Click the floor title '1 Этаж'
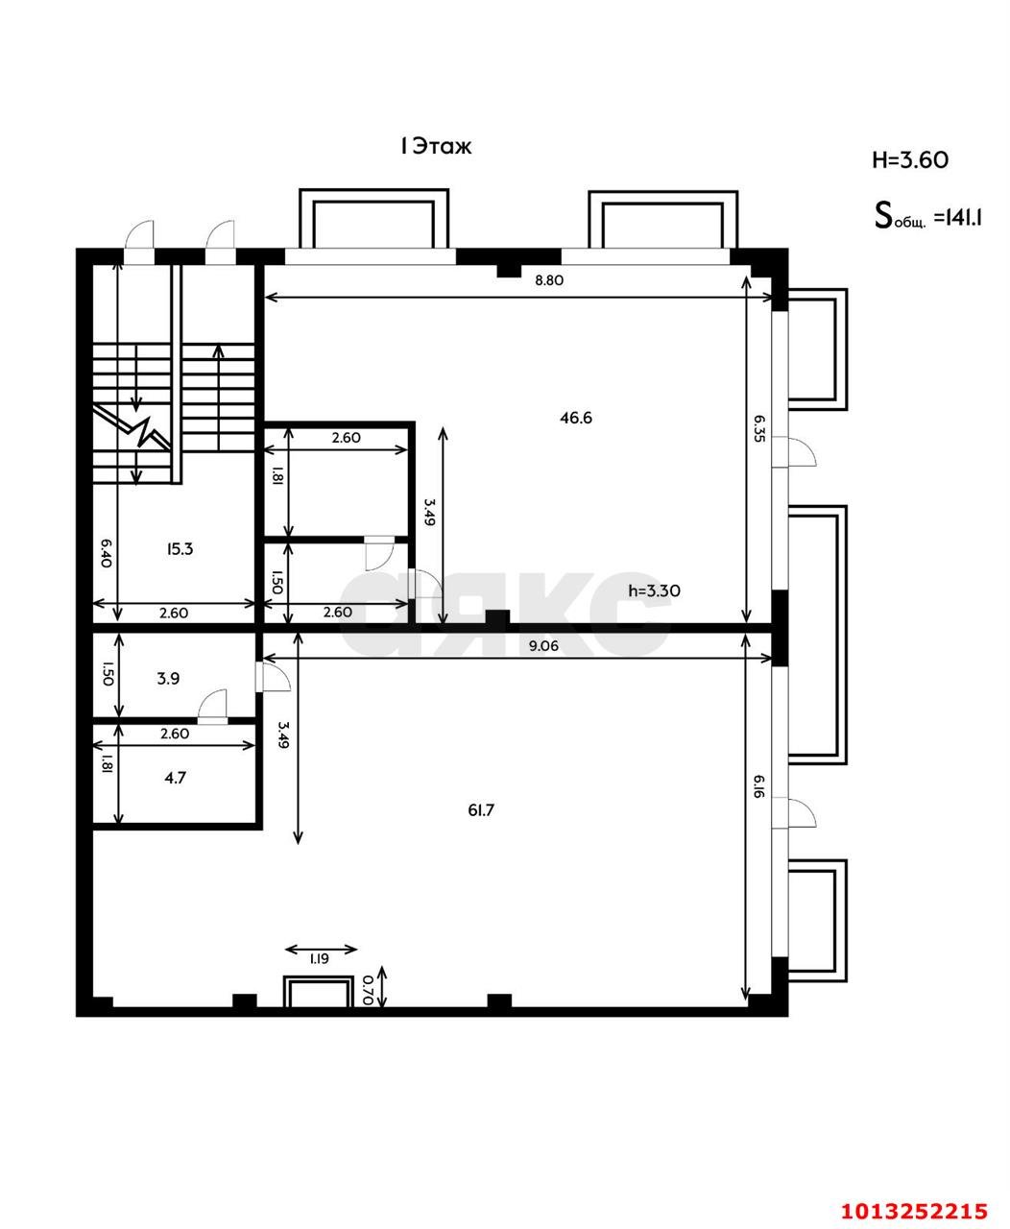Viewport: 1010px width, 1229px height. tap(436, 146)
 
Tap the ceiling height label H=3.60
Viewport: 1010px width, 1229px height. tap(909, 159)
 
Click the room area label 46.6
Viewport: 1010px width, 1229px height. tap(576, 417)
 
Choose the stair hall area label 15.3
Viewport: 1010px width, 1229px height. tap(180, 549)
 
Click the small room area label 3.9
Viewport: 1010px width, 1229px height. tap(168, 678)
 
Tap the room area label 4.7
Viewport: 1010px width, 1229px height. tap(175, 778)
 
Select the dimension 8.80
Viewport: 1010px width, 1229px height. tap(549, 280)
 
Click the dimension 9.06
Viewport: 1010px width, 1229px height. tap(543, 646)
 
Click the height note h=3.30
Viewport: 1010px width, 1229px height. tap(654, 590)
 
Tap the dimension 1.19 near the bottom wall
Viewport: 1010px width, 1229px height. tap(320, 958)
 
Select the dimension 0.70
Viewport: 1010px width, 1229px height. tap(368, 989)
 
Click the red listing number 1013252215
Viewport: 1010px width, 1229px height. tap(914, 1210)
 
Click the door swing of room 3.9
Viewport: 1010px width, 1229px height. tap(212, 705)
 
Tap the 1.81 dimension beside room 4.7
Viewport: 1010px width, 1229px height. tap(106, 764)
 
